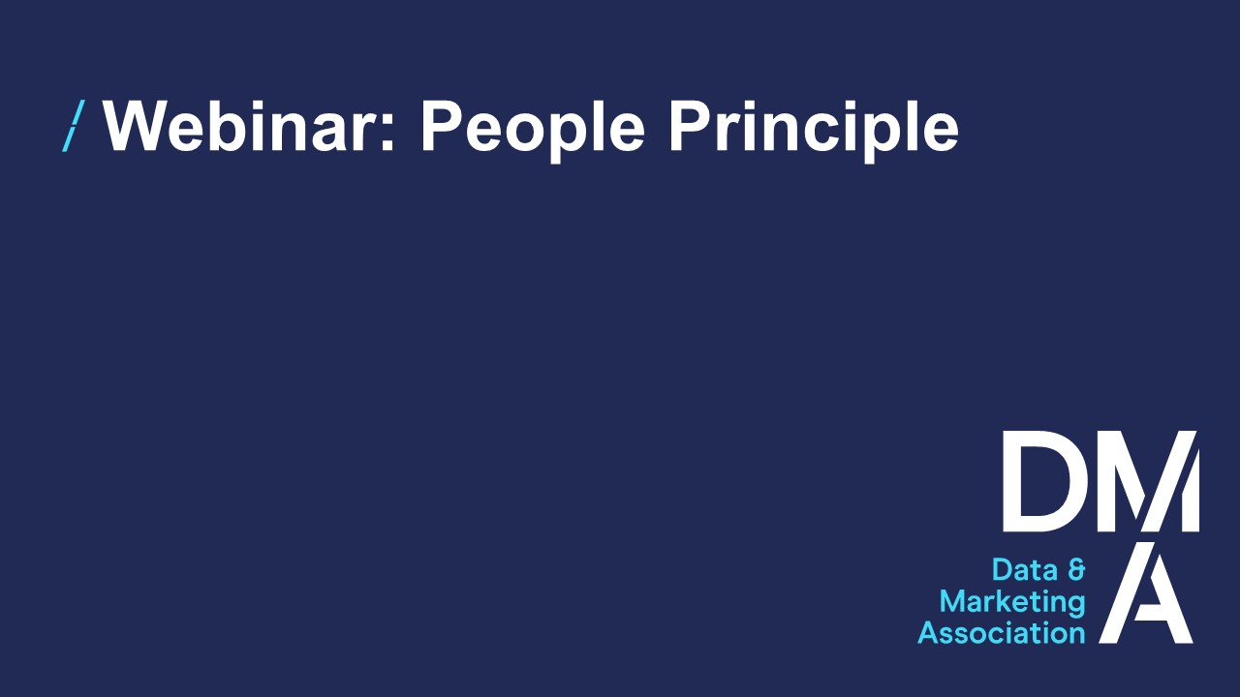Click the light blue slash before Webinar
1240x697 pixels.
(x=73, y=126)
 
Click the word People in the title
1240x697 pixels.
(x=532, y=131)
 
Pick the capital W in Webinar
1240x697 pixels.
(x=137, y=126)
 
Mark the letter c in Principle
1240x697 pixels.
(x=826, y=133)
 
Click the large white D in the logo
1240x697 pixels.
(x=1040, y=481)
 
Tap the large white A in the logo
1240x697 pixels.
(x=1146, y=591)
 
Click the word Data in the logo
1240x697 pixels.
(x=1024, y=570)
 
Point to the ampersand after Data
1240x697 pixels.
(x=1076, y=570)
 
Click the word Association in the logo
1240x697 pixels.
(x=1002, y=633)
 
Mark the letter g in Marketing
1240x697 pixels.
(x=1075, y=607)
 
